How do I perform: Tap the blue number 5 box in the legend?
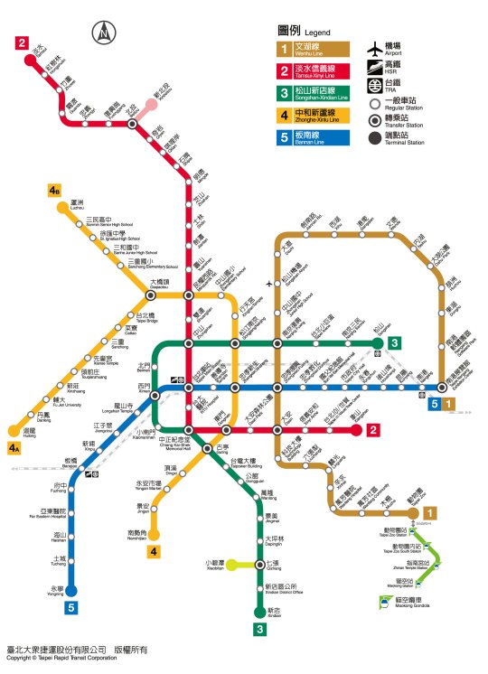click(x=284, y=137)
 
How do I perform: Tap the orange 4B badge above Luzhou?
click(x=55, y=191)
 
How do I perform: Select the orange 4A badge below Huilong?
click(x=14, y=447)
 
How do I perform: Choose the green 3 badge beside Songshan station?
click(x=394, y=343)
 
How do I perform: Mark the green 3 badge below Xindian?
click(x=258, y=630)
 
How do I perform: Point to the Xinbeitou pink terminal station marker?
click(x=153, y=104)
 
